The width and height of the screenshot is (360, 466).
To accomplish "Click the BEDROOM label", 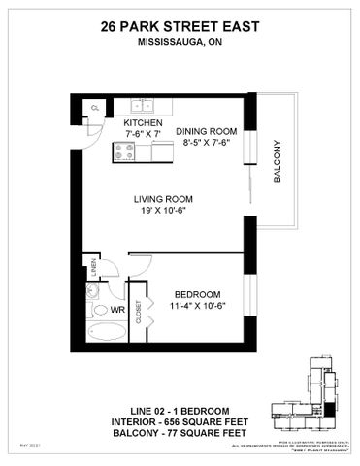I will tap(197, 294).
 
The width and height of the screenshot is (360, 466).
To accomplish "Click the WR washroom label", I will tap(116, 311).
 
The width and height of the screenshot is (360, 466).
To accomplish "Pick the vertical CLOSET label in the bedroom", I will tap(138, 311).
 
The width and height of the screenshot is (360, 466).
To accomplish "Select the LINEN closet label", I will tap(94, 265).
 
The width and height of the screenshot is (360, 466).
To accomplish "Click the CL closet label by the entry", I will tap(95, 107).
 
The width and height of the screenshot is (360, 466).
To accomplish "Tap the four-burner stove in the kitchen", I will tap(126, 150).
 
